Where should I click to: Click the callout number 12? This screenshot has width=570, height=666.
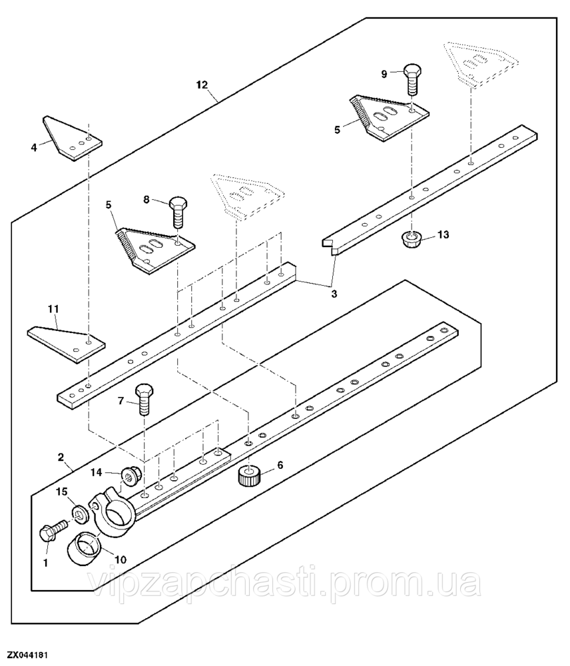[x=202, y=85]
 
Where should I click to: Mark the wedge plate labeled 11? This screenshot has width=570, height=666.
[x=67, y=342]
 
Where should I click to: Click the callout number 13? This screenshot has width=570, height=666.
[x=443, y=235]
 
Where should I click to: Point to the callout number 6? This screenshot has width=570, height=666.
[x=280, y=465]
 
